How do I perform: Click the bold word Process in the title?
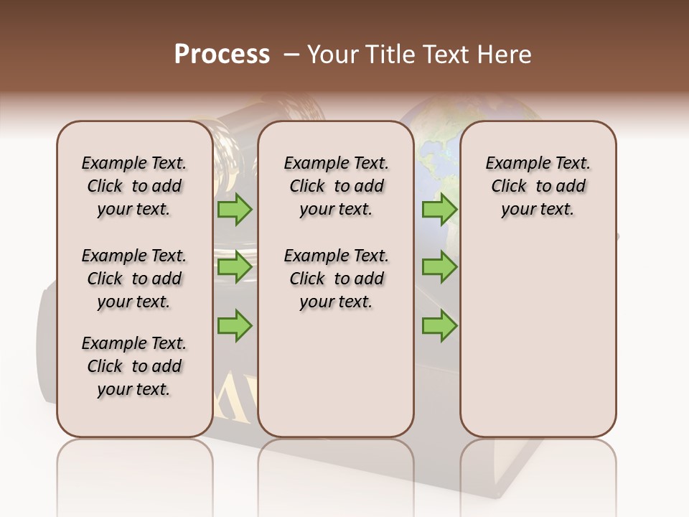click(222, 55)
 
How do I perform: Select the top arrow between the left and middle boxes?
click(235, 210)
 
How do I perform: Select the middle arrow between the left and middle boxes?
click(235, 268)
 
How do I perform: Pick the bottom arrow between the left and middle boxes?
click(235, 326)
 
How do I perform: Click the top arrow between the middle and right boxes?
click(439, 210)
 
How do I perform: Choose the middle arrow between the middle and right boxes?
click(439, 268)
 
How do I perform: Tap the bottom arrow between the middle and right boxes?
click(439, 326)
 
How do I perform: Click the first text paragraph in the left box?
click(134, 186)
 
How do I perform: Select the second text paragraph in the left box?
click(134, 279)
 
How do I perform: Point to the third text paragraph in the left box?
click(134, 366)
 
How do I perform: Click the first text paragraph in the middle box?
click(336, 186)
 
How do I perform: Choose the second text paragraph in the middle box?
click(336, 279)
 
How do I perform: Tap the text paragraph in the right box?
click(538, 186)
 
